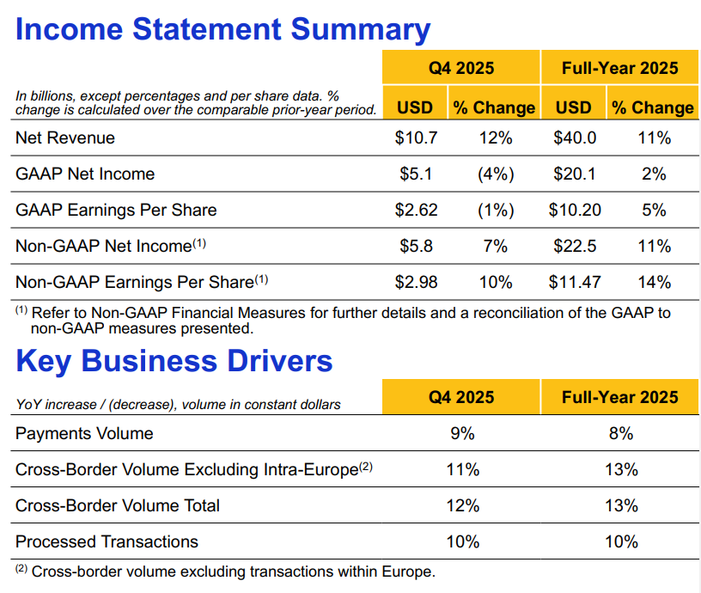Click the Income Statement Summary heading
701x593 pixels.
pyautogui.click(x=222, y=30)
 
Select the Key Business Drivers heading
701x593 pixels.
pyautogui.click(x=174, y=361)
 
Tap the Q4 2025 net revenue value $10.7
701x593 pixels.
pyautogui.click(x=416, y=138)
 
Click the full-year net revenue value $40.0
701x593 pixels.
pyautogui.click(x=575, y=138)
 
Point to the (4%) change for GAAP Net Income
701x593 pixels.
pyautogui.click(x=496, y=174)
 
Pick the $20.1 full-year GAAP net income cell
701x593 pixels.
pyautogui.click(x=575, y=174)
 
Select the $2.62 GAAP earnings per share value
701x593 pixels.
pyautogui.click(x=416, y=210)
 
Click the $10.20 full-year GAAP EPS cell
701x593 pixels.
pyautogui.click(x=575, y=210)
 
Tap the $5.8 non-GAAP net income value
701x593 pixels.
pyautogui.click(x=416, y=247)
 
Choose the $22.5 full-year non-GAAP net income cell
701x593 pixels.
pyautogui.click(x=575, y=247)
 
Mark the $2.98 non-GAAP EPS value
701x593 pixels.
pyautogui.click(x=416, y=282)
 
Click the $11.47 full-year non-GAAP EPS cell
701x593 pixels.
pyautogui.click(x=575, y=282)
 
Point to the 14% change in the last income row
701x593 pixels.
pyautogui.click(x=654, y=282)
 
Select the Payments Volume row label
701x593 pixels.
pyautogui.click(x=84, y=433)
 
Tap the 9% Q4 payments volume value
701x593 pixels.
pyautogui.click(x=462, y=433)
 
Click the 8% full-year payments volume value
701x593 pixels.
pyautogui.click(x=620, y=433)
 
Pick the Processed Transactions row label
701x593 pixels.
pyautogui.click(x=107, y=541)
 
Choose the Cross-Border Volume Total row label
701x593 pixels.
pyautogui.click(x=118, y=505)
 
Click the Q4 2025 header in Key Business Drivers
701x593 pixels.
pyautogui.click(x=462, y=396)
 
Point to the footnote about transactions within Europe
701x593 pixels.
pyautogui.click(x=232, y=571)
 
